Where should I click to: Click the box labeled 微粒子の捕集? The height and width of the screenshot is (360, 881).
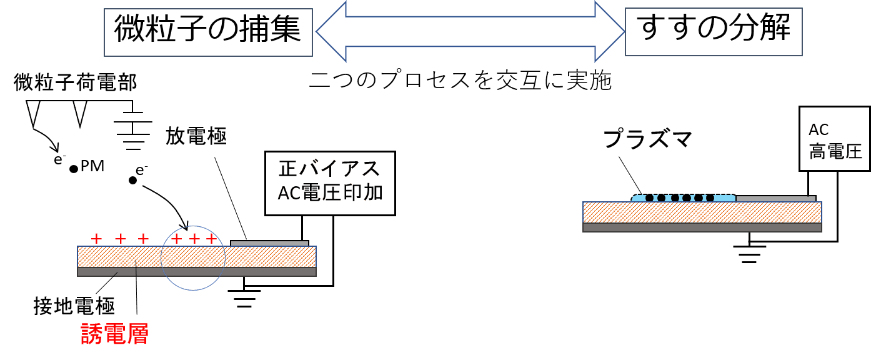pos(208,32)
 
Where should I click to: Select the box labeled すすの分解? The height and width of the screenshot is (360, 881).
pos(714,31)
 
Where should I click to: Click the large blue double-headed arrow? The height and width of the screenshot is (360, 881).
pos(470,31)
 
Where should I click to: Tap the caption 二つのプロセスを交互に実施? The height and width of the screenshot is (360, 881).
pos(460,80)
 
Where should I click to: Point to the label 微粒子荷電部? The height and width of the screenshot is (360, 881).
pos(75,82)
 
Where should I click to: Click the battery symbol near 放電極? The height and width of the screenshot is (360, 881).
pos(133,126)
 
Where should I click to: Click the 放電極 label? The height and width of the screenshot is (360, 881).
pos(196,136)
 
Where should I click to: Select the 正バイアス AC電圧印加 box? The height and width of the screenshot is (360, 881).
pos(330,183)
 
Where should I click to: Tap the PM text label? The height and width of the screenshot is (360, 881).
pos(92,166)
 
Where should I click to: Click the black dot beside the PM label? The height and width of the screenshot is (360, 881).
pos(74,169)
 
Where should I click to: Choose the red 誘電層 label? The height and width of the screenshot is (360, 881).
pos(114,334)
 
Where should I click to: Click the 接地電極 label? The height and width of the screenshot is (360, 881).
pos(74,306)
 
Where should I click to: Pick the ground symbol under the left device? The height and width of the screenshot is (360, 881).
pos(244,299)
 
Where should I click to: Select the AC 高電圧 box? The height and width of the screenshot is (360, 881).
pos(835,139)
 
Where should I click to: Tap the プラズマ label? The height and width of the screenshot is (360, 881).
pos(647,139)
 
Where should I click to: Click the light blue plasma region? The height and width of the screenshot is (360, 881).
pos(683,197)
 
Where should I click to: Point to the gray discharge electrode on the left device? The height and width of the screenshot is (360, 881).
pos(269,243)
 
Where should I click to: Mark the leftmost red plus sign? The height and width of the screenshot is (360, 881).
pos(96,238)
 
